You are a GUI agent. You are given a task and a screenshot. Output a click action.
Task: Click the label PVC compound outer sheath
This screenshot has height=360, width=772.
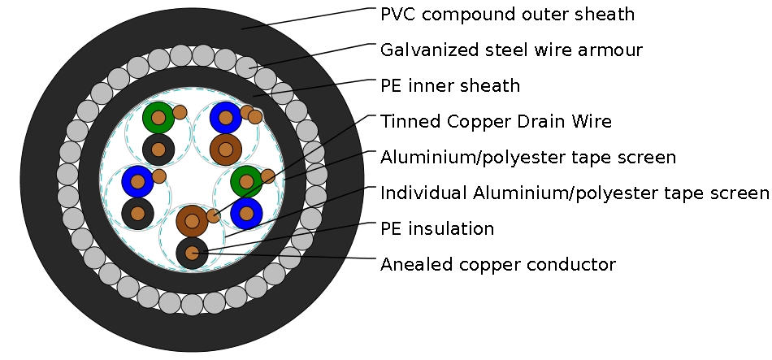[507, 15]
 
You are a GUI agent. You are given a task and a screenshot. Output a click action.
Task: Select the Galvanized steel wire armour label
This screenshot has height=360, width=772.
[511, 50]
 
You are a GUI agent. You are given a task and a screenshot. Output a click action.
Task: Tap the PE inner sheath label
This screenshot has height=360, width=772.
[449, 85]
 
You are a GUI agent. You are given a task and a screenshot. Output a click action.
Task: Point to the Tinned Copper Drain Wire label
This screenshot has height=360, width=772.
[496, 122]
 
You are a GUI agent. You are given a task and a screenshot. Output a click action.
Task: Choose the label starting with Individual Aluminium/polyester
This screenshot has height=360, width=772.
[574, 193]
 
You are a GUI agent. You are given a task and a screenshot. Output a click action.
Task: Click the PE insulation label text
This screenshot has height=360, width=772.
[436, 229]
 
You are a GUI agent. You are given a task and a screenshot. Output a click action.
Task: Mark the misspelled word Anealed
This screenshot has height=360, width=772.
[411, 265]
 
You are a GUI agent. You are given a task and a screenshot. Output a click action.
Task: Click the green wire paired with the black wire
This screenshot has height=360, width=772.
[158, 119]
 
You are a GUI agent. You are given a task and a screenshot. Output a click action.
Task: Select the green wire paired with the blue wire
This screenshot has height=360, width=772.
[246, 182]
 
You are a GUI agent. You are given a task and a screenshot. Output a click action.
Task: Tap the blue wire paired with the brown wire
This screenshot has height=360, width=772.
[225, 119]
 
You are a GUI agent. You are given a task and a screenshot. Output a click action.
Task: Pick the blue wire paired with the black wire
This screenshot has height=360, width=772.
[137, 181]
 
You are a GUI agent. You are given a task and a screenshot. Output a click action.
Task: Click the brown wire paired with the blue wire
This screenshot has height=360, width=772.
[225, 149]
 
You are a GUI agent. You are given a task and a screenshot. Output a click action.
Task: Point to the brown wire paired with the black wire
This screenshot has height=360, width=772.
[192, 220]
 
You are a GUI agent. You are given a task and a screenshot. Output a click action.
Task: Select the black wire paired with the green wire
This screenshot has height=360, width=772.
[158, 150]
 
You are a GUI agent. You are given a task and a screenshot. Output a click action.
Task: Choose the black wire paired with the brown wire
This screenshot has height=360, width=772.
[192, 253]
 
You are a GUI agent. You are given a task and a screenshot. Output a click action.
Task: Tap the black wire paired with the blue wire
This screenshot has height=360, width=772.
[137, 213]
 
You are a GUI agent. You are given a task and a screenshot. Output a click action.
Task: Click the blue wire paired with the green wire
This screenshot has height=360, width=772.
[246, 214]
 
